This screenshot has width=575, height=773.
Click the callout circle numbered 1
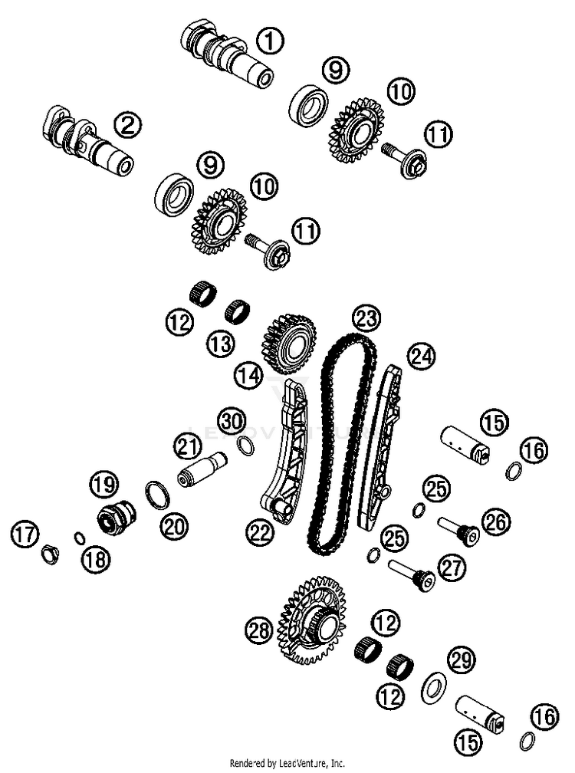point(271,40)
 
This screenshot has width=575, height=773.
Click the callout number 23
point(366,318)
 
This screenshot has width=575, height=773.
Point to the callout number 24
point(421,356)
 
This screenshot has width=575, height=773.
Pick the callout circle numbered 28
point(260,630)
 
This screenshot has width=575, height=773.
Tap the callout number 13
point(220,344)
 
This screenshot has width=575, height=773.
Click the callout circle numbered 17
point(25,535)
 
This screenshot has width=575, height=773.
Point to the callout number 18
point(96,558)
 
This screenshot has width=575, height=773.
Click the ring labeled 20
point(158,495)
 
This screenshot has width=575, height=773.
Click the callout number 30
point(232,422)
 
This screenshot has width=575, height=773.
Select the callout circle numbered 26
point(496,522)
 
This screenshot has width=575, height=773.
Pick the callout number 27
point(452,568)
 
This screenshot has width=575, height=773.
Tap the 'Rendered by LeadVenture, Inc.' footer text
point(287,764)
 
